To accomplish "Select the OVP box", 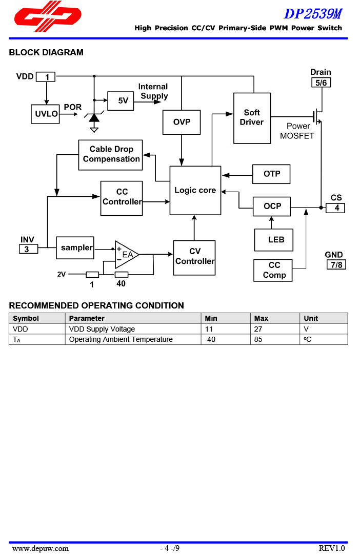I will tap(182, 122).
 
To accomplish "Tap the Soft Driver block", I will tap(252, 118).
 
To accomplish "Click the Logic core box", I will tap(195, 190).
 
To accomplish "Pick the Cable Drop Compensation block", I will tap(111, 155).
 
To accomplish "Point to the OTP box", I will tap(271, 174).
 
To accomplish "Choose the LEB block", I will tap(274, 240).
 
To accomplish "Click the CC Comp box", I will tap(273, 270).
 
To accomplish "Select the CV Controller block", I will tap(194, 257).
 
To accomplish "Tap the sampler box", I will tap(75, 248).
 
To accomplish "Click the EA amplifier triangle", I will tap(125, 254).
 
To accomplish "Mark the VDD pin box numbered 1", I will tap(46, 77).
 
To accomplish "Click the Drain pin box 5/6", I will tap(321, 83).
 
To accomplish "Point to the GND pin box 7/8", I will tap(336, 264).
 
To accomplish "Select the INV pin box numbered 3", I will tap(28, 249).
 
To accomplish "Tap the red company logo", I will tap(48, 14).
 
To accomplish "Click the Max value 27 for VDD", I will tap(258, 329).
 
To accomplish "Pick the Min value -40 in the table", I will tap(209, 339).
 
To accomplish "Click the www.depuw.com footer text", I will tap(41, 548).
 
